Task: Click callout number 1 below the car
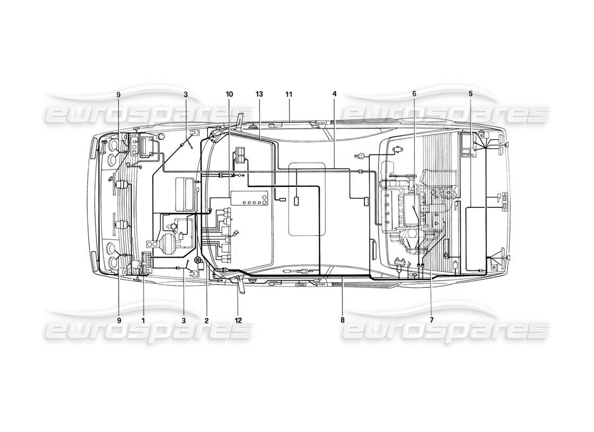(x=143, y=320)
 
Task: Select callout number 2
(x=206, y=320)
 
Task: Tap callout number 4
(x=334, y=94)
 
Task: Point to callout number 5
(x=470, y=94)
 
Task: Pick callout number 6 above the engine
(x=414, y=94)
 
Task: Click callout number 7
(x=431, y=320)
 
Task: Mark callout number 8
(x=342, y=320)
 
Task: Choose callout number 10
(x=230, y=94)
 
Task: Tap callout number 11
(x=289, y=94)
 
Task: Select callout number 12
(x=238, y=320)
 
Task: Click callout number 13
(x=259, y=94)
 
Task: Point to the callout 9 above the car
(x=118, y=94)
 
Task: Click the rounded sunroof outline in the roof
(x=307, y=199)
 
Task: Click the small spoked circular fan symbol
(x=199, y=261)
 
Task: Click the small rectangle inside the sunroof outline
(x=296, y=202)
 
